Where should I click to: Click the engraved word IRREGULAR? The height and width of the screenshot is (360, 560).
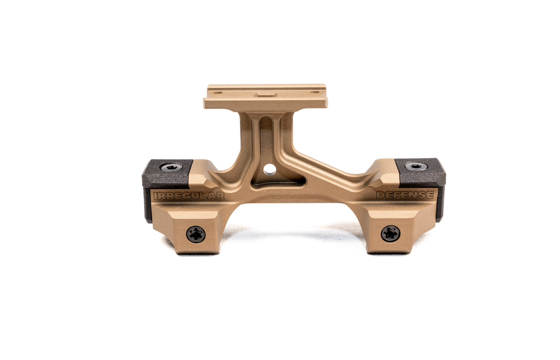coord(189,196)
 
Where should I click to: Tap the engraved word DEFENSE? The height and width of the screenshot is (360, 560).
coord(405,195)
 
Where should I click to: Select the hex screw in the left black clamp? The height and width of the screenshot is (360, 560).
coord(171,167)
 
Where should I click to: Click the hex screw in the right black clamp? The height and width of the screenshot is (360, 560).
coord(416,166)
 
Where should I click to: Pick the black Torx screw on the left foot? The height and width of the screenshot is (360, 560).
coord(196,235)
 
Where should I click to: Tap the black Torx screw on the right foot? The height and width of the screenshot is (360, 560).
coord(390,234)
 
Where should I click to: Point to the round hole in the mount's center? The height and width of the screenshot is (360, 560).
coord(270,169)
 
